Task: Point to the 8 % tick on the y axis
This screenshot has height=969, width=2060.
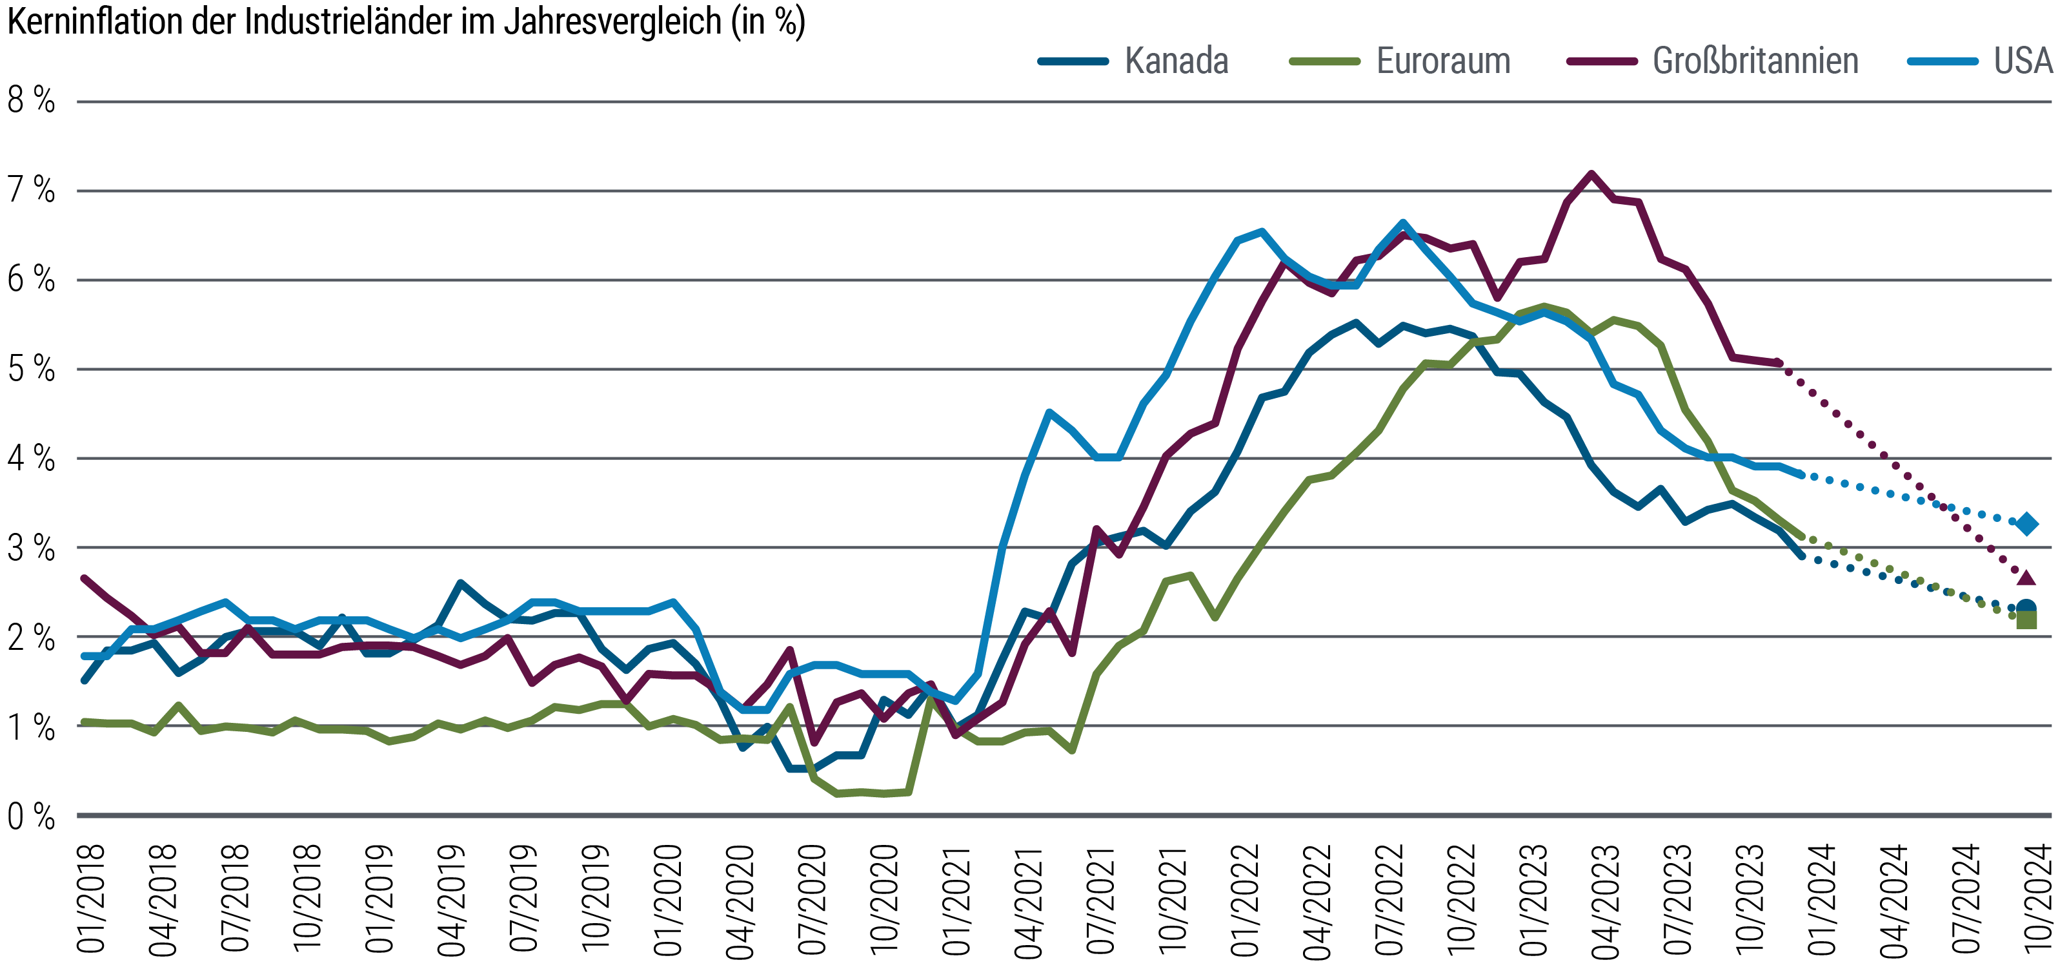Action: (x=31, y=101)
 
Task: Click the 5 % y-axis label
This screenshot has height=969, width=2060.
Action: (x=31, y=369)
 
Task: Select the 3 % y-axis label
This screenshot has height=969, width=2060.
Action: (x=31, y=549)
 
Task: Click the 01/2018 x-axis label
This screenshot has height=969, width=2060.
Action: (x=91, y=898)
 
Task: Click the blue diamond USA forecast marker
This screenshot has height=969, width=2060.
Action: (x=2026, y=524)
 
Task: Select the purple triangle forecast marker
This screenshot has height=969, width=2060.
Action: (x=2026, y=578)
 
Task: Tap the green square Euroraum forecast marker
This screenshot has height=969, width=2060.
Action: (x=2026, y=620)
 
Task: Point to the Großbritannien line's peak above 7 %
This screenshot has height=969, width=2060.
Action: (x=1591, y=174)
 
